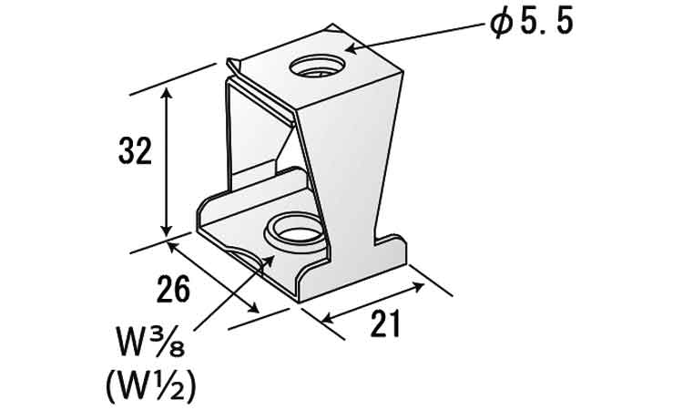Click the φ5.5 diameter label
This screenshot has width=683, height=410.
(x=531, y=24)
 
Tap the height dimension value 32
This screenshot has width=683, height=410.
(x=135, y=150)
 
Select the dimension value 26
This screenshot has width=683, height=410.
(x=173, y=289)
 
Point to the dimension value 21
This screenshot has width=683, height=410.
(x=385, y=323)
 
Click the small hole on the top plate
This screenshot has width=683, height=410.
(x=318, y=67)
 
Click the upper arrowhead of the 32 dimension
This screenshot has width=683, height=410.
(x=167, y=93)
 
